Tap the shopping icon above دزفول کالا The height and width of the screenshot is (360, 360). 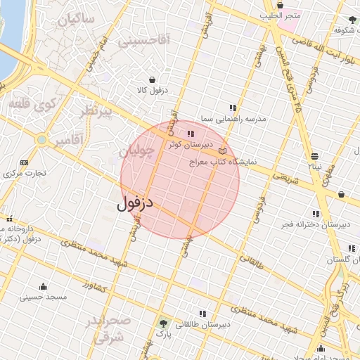point(151,79)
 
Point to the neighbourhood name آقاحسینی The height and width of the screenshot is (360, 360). point(143,41)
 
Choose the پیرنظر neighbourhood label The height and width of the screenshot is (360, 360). point(94,112)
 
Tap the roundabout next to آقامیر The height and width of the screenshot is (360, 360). point(42,140)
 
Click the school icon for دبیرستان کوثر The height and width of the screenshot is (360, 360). point(189,133)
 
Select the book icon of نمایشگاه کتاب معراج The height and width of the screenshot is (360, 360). point(223,151)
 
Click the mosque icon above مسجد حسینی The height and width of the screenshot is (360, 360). point(43,286)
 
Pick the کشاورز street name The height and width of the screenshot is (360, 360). point(93,286)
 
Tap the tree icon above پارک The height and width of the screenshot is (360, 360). point(164,324)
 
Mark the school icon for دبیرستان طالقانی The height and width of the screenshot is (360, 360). point(202,314)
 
